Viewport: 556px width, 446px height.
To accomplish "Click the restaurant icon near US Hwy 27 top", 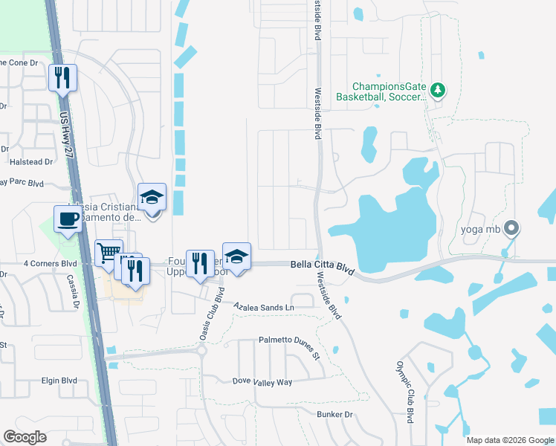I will pos(62,77).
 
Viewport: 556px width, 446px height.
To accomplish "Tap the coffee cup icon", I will pos(69,219).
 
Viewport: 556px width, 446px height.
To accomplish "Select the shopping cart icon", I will pos(109,253).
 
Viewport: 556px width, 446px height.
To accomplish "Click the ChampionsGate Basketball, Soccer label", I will pos(380,91).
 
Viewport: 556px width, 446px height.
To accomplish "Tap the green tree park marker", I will pos(438,90).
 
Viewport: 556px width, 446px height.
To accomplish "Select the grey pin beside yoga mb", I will pos(511,229).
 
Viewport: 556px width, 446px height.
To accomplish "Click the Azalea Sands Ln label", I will pos(264,306).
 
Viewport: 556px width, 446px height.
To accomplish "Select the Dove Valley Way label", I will pos(262,382).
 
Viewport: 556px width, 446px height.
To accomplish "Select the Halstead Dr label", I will pos(30,161).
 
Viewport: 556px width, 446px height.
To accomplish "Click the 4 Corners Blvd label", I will pos(51,263).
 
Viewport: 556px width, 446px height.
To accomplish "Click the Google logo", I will pos(25,437).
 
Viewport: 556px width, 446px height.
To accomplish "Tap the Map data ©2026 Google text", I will pos(510,440).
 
